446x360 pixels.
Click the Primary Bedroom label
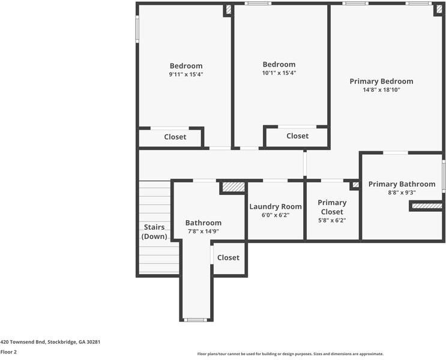381,82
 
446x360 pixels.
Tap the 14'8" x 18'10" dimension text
381,90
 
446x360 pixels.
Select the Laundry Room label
275,206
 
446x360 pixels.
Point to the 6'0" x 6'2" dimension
275,215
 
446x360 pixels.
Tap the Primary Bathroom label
402,184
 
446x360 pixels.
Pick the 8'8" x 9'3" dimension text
402,193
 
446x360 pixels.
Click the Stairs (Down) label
154,232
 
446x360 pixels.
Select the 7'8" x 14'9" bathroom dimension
203,231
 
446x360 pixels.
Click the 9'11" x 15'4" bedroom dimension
186,74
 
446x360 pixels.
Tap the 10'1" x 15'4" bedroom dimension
279,73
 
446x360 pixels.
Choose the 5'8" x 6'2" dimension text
332,220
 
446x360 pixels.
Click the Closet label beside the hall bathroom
228,257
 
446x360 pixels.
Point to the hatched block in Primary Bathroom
427,206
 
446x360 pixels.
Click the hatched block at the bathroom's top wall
233,187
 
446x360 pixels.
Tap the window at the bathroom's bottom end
196,320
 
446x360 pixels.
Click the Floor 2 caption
8,352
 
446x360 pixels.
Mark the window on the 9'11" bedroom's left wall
137,29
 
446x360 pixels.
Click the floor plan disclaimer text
290,354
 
